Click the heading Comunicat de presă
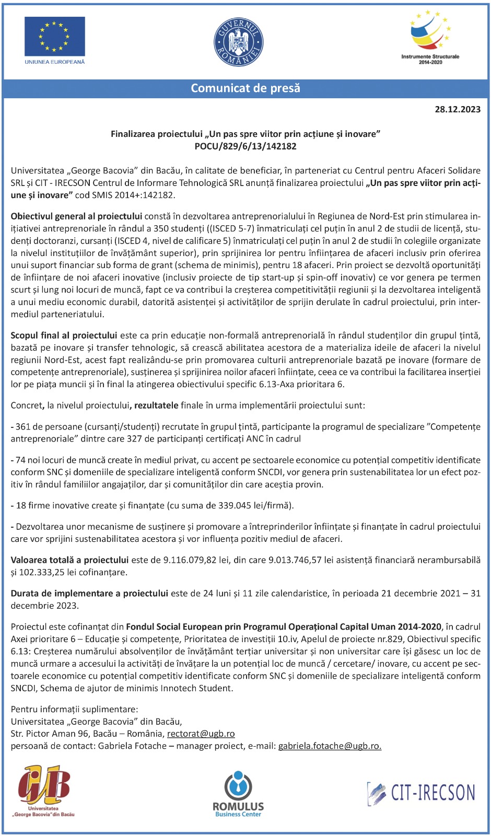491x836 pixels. (x=245, y=88)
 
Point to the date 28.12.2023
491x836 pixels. (x=458, y=109)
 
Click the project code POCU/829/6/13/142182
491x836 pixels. (x=245, y=146)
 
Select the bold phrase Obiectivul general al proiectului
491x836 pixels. (x=76, y=216)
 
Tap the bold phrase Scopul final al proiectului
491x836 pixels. (x=64, y=335)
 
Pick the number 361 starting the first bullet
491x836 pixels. (x=23, y=427)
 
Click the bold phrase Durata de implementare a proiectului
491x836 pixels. (x=89, y=594)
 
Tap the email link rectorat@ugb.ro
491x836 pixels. (x=201, y=734)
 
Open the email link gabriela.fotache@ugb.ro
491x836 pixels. (x=330, y=746)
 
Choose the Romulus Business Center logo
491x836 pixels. (x=238, y=793)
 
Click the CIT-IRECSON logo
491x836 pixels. (x=421, y=793)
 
